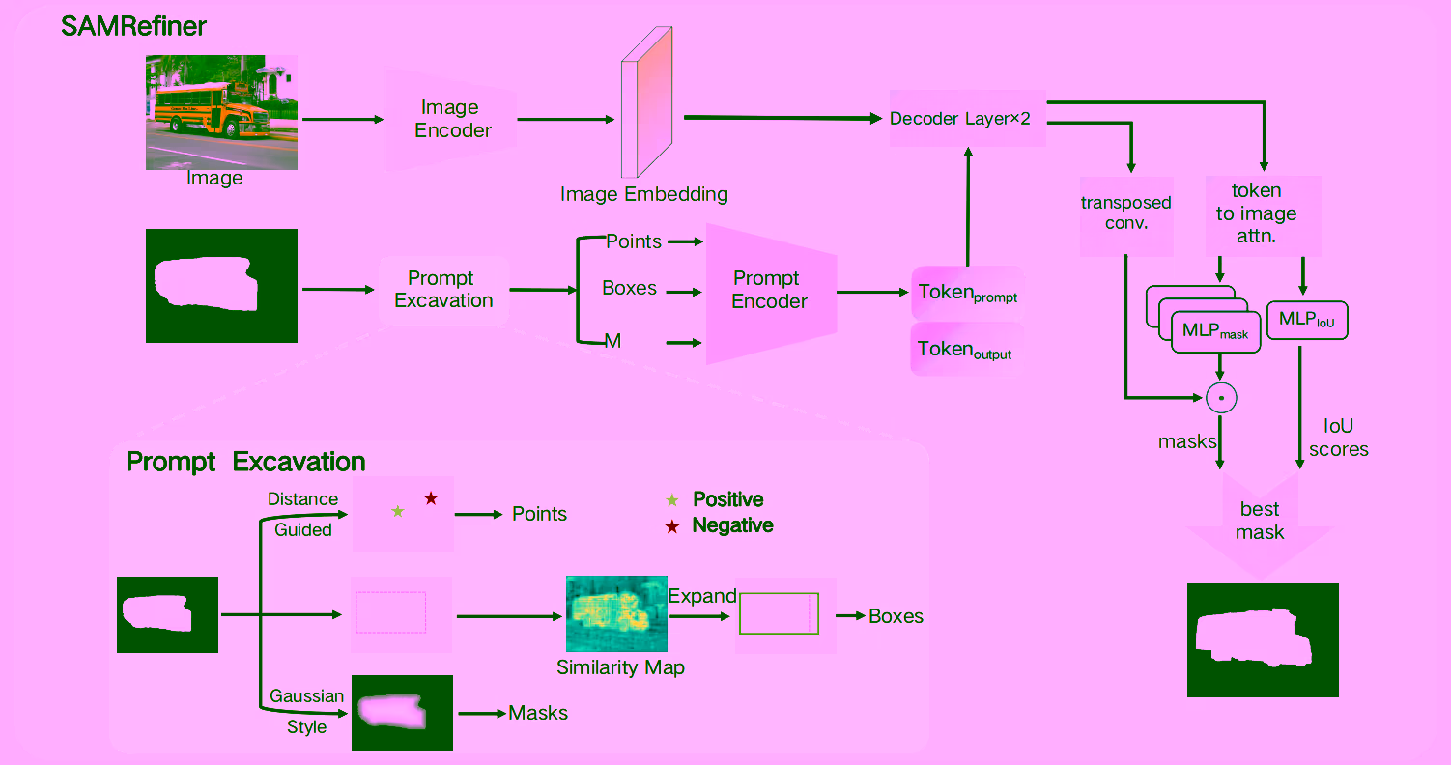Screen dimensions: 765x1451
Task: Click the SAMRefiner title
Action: point(133,26)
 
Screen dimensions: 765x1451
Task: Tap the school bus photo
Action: point(221,111)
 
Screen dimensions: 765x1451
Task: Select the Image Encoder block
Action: point(452,119)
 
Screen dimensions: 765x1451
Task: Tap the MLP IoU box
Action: point(1306,321)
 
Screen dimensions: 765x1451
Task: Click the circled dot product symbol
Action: point(1221,397)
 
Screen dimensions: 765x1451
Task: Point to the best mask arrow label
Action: point(1260,521)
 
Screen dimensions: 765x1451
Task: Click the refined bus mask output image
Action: point(1263,639)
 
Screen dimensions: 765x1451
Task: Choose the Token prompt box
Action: point(967,293)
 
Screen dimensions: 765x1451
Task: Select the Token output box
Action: point(966,350)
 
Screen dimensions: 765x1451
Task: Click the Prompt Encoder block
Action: point(770,292)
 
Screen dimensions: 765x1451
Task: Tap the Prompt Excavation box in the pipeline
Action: point(443,290)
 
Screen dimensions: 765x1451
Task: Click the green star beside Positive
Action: point(672,500)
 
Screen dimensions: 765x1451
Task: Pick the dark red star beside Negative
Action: point(672,526)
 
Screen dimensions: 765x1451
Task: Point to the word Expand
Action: point(702,596)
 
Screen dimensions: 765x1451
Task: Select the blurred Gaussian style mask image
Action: point(402,713)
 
